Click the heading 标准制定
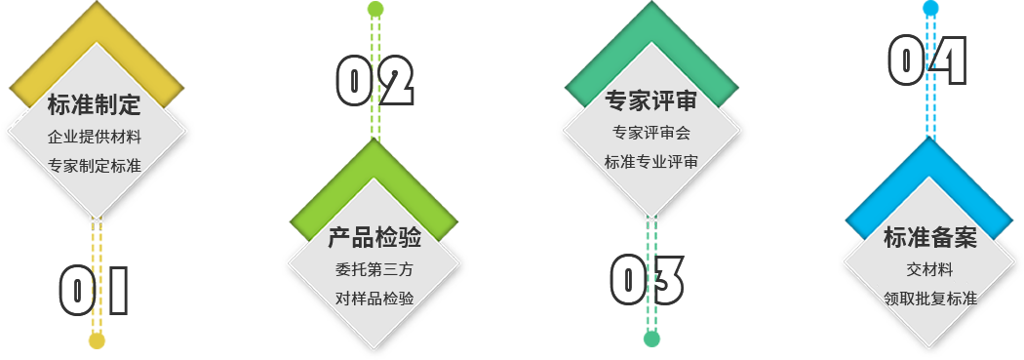94,104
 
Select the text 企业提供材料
94,138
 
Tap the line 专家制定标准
94,166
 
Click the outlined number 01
94,291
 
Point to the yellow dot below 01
97,341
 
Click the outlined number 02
374,81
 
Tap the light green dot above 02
375,9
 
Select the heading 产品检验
374,238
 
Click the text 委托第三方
374,269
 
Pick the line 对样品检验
374,299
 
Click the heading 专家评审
651,100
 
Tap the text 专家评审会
651,133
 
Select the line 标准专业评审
651,162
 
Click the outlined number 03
648,280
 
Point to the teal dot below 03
651,340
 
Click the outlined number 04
927,60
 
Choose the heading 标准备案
930,238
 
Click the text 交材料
930,269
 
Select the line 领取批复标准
930,299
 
